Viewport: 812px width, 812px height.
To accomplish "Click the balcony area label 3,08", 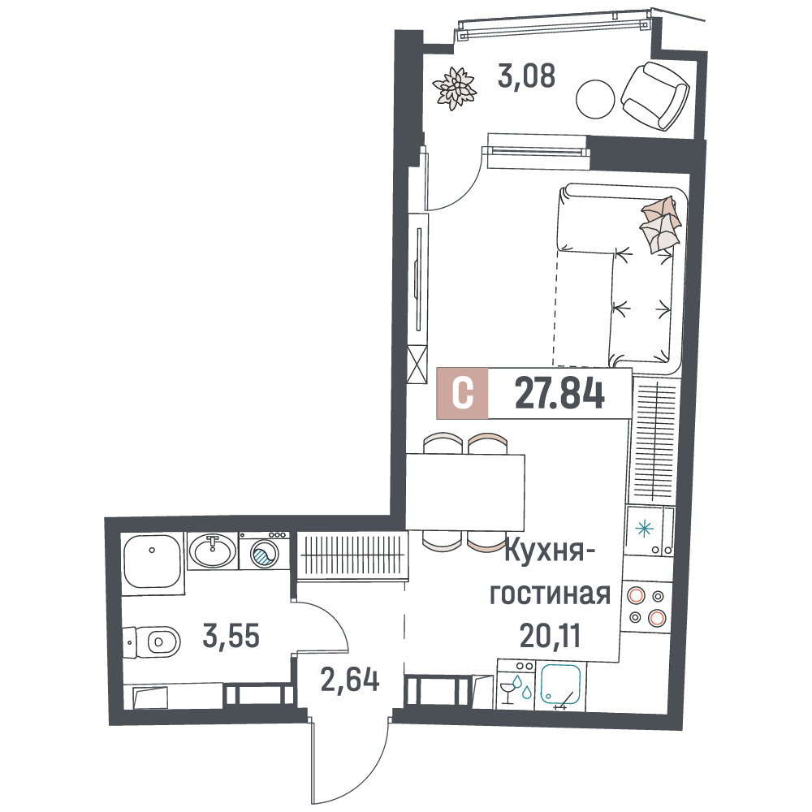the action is (526, 76).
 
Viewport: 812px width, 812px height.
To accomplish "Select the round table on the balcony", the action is (595, 99).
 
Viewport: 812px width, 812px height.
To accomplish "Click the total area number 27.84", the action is (559, 394).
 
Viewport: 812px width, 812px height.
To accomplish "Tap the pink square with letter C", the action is (463, 393).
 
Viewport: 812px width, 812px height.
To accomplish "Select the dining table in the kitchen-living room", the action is (465, 492).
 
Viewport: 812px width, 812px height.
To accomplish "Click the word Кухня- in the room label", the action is (550, 552).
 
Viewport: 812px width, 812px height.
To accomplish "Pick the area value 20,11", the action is (550, 636).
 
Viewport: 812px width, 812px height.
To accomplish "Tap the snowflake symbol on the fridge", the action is (644, 529).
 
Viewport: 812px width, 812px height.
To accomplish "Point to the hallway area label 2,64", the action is (350, 680).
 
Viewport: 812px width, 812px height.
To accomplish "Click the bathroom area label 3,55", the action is (231, 636).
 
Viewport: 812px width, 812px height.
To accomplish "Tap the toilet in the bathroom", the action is (151, 642).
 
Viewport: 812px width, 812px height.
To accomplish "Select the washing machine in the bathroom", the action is (264, 551).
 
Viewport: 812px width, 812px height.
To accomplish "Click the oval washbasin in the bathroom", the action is (212, 551).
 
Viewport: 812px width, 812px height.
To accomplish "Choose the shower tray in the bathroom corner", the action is (152, 561).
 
